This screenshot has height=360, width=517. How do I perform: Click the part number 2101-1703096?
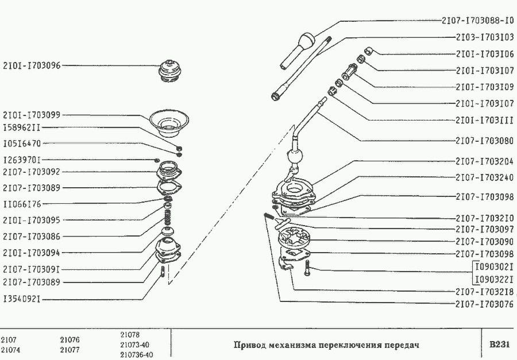click(32, 65)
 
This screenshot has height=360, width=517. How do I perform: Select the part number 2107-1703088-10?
click(477, 21)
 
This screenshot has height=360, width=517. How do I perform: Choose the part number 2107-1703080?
click(484, 141)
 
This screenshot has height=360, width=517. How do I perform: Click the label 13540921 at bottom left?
click(22, 299)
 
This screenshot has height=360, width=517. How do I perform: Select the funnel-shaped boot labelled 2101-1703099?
click(169, 123)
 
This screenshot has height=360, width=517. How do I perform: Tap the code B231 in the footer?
click(499, 345)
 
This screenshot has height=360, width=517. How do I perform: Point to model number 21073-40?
click(136, 344)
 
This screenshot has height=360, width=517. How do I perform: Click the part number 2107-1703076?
click(484, 304)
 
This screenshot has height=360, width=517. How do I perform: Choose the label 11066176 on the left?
click(22, 204)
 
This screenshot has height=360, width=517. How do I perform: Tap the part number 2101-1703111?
click(484, 121)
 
